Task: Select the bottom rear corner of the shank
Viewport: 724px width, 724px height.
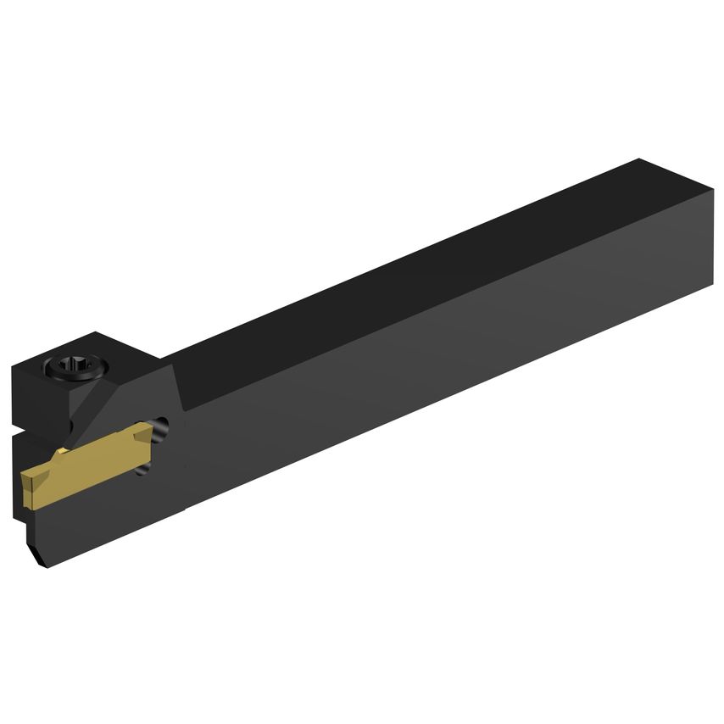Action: pos(710,285)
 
